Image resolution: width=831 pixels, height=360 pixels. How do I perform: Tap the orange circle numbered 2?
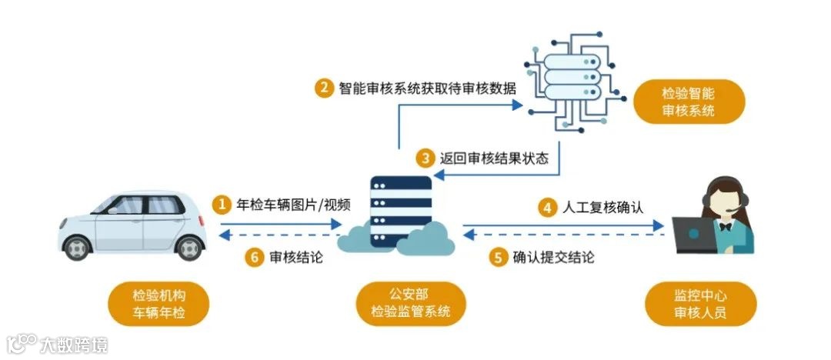point(324,88)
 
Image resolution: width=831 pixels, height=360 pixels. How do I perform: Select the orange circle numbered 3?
point(426,159)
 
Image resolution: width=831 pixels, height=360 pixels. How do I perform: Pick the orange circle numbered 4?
point(547,207)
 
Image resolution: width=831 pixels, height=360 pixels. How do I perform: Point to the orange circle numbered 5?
point(498,258)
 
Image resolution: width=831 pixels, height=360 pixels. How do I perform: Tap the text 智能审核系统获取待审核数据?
point(426,88)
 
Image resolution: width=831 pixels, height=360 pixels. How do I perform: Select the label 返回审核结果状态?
point(493,159)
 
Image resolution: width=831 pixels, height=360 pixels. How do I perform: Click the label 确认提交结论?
point(554,258)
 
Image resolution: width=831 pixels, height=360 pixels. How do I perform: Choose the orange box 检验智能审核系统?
point(689,102)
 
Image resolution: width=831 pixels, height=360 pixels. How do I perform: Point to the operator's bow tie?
point(724,226)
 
